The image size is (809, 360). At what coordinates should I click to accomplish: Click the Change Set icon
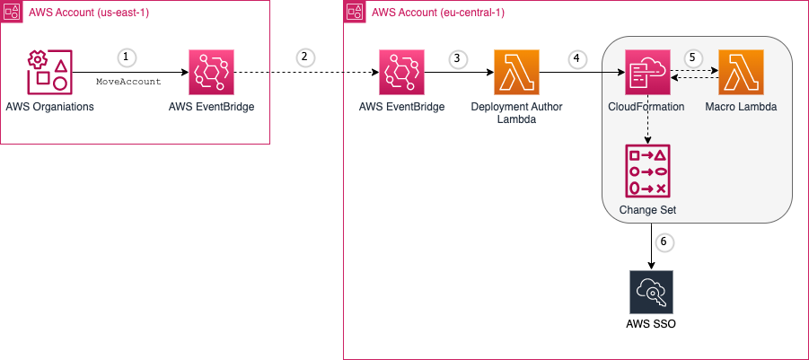point(646,171)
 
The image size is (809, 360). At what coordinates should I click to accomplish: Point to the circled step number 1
point(125,57)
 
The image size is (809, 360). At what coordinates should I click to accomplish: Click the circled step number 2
point(303,57)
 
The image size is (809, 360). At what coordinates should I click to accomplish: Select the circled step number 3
point(457,57)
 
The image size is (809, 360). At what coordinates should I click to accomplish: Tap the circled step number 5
point(691,57)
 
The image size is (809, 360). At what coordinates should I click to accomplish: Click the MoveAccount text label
point(128,82)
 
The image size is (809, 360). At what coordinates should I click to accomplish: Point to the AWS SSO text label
point(650,324)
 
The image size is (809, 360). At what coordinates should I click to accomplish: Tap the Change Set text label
point(647,210)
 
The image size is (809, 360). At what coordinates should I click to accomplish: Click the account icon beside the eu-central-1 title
point(354,11)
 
